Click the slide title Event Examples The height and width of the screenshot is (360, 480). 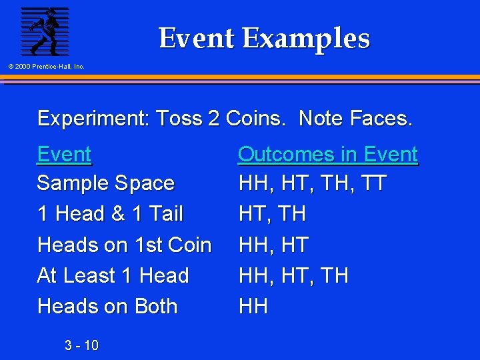click(x=264, y=38)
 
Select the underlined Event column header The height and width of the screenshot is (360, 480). click(x=64, y=155)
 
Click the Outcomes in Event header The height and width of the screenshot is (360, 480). click(x=327, y=155)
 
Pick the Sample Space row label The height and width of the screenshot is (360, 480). click(x=105, y=183)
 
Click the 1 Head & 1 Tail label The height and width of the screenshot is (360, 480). click(x=110, y=214)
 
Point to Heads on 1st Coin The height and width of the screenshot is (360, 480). click(x=124, y=245)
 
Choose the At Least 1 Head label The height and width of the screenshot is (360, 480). click(x=113, y=275)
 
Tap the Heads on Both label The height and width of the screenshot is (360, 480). click(x=107, y=307)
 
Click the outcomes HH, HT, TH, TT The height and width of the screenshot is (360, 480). click(x=312, y=183)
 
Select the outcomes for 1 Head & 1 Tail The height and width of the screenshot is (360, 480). click(x=272, y=214)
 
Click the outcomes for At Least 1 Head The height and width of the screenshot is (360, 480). click(x=293, y=275)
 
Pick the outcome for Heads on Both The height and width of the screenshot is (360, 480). click(x=253, y=307)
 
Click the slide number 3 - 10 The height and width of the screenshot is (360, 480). click(x=81, y=345)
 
